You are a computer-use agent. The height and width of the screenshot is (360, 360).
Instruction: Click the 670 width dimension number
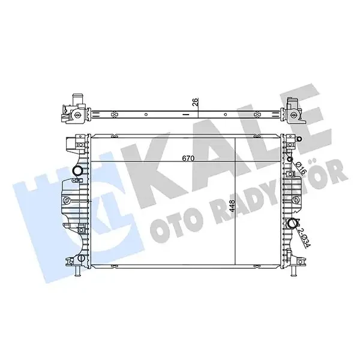(188, 158)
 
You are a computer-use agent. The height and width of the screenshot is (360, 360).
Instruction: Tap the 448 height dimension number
(232, 206)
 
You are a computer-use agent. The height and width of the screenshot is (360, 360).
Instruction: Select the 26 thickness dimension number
(195, 102)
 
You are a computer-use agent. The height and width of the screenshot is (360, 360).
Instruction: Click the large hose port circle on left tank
(77, 170)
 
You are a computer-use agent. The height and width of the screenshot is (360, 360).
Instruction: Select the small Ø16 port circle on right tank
(290, 159)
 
